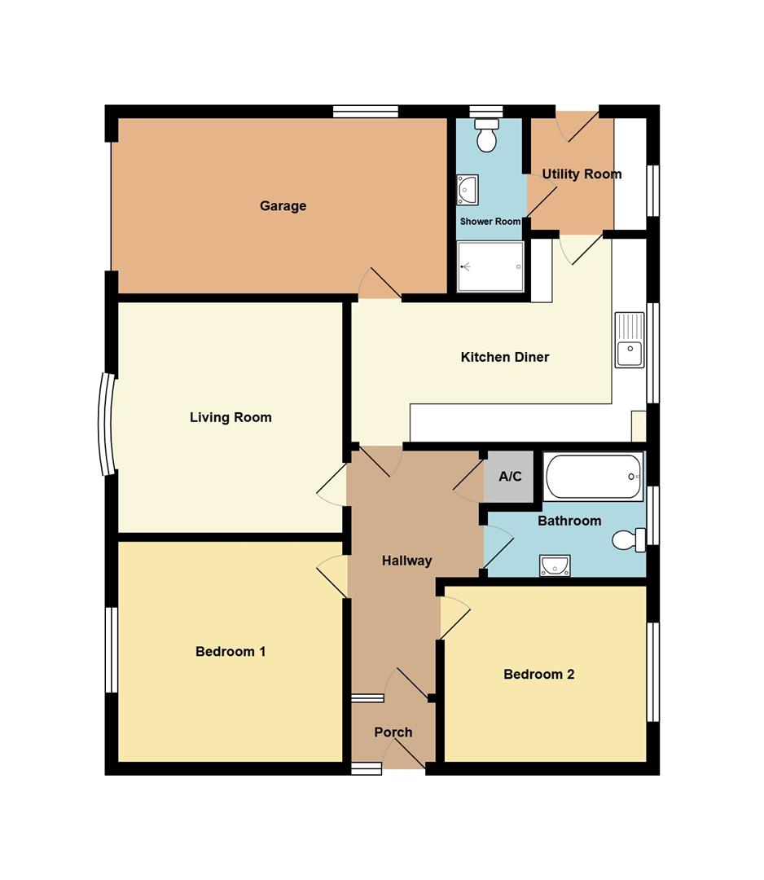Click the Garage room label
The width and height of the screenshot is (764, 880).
[x=283, y=206]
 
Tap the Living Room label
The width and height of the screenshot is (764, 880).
[x=231, y=417]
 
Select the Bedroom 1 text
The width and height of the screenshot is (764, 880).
[x=231, y=652]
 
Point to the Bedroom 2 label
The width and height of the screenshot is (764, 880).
[x=539, y=674]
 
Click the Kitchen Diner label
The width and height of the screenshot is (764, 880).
[x=505, y=357]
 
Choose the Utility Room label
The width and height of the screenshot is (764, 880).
[x=582, y=174]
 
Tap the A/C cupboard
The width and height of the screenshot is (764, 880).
[x=510, y=477]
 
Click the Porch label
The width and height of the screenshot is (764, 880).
[x=393, y=733]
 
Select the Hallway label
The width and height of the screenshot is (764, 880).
[x=406, y=561]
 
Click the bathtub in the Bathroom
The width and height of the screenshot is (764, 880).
[x=594, y=477]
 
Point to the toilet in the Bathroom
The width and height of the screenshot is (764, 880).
[x=629, y=540]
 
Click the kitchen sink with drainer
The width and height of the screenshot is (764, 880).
[x=630, y=340]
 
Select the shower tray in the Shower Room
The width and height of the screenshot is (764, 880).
[x=491, y=267]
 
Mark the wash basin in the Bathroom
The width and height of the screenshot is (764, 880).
[x=555, y=565]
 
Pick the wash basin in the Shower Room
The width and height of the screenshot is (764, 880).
[x=467, y=190]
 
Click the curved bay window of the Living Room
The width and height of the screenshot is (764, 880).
[x=105, y=425]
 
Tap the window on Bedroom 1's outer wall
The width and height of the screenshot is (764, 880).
[x=112, y=650]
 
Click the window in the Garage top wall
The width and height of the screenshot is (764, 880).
[x=366, y=111]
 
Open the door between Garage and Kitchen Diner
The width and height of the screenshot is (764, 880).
[x=380, y=284]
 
